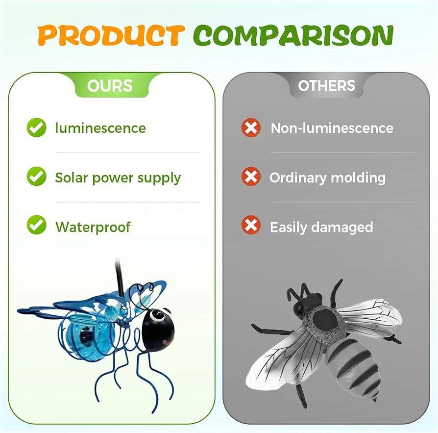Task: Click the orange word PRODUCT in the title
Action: point(111,35)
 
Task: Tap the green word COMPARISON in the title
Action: point(293,35)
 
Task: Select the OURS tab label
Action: point(110,85)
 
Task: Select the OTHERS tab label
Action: point(327,85)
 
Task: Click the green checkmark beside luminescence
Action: point(37,127)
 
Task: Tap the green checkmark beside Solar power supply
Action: point(37,177)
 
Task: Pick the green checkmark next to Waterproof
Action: point(37,225)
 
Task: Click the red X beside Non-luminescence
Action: point(251,128)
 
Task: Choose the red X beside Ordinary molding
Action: point(251,177)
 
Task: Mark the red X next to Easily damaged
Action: point(251,225)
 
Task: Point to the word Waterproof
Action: point(93,227)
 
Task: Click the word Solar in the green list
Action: point(72,178)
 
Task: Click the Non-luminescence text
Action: point(332,128)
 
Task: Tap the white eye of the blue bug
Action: point(158,316)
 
